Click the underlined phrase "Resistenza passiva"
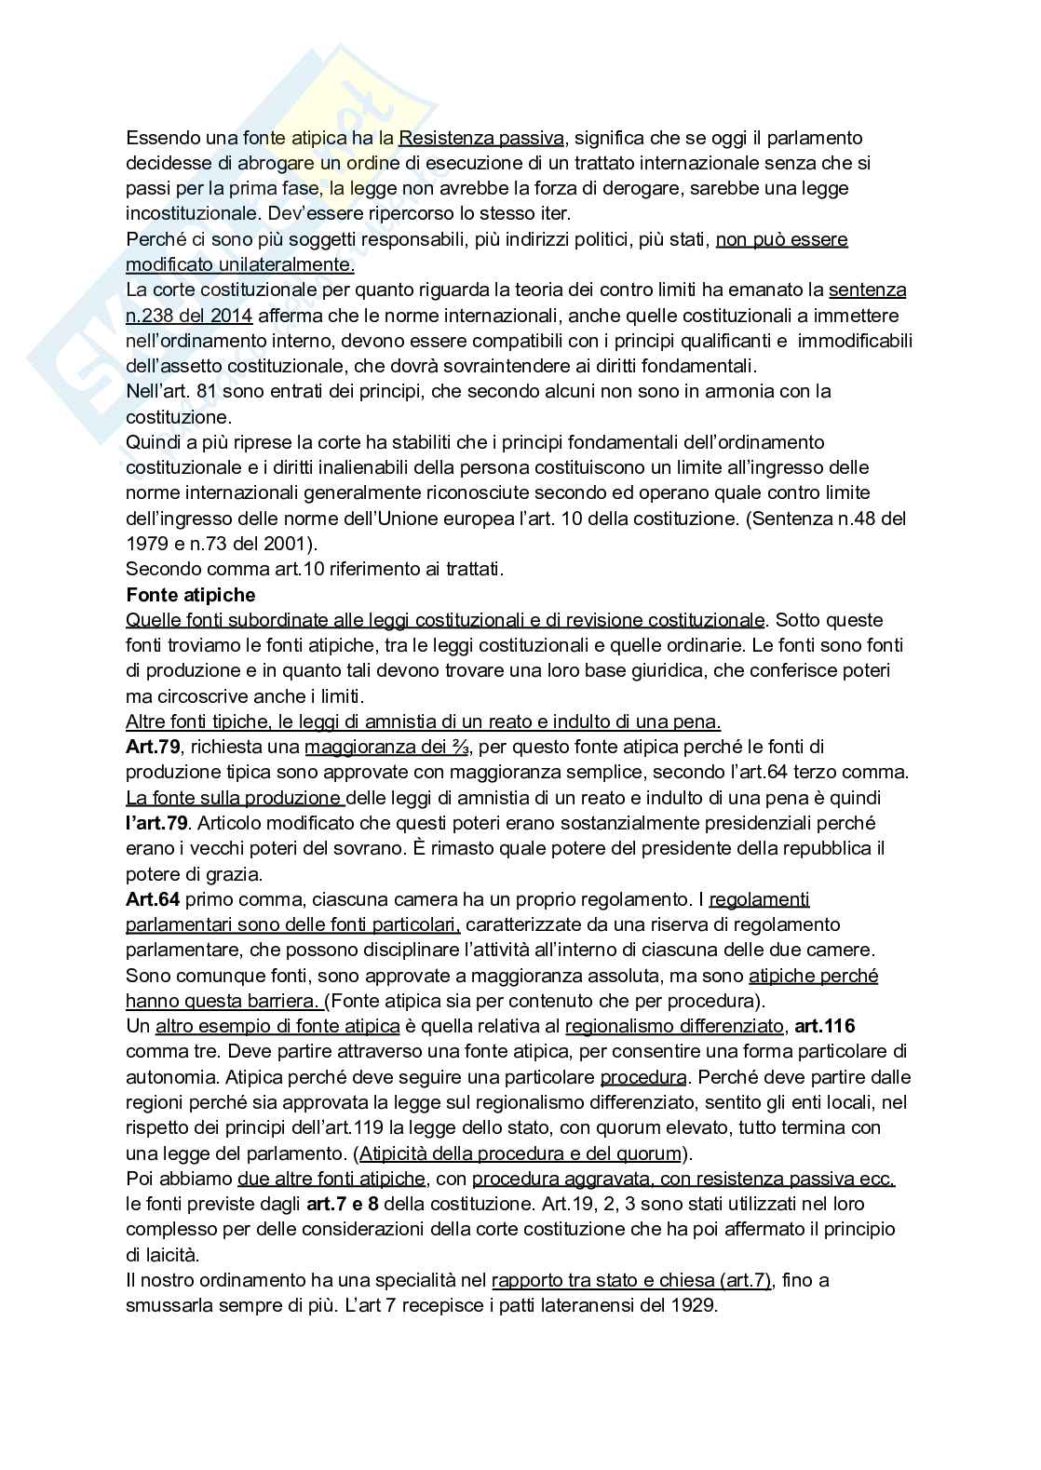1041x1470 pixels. pos(480,138)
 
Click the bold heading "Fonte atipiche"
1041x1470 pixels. pos(190,594)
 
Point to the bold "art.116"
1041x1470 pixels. pos(824,1026)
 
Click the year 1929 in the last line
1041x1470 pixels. pos(694,1305)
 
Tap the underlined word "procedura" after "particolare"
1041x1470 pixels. pos(643,1077)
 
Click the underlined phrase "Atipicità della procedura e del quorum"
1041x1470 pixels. pos(520,1153)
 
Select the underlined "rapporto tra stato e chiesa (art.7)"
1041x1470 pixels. pos(631,1280)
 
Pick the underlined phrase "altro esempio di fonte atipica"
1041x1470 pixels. pos(277,1026)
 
